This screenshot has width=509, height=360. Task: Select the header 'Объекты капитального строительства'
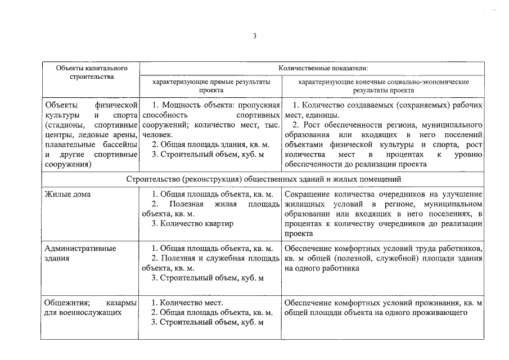click(92, 73)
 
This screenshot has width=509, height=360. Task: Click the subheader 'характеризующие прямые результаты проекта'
click(211, 85)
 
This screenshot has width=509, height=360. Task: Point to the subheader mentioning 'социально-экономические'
click(383, 85)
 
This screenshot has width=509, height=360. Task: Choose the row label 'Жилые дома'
click(67, 194)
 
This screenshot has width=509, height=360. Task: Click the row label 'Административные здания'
click(80, 253)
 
